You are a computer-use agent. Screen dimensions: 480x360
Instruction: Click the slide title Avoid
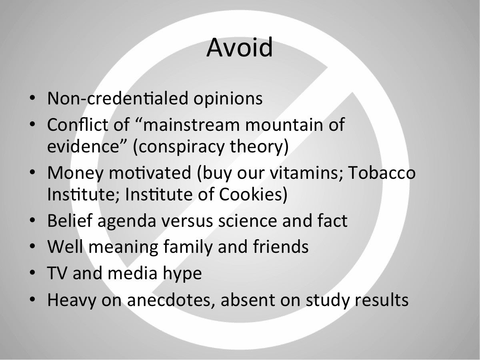click(x=240, y=47)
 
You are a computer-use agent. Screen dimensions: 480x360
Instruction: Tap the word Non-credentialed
click(x=118, y=98)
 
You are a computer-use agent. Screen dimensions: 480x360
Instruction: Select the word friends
click(x=280, y=246)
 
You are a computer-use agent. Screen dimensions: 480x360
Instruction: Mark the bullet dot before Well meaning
click(x=32, y=246)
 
